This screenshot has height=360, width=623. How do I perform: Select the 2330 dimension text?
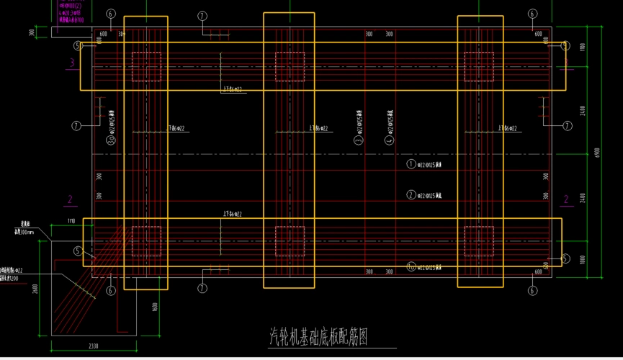[x=94, y=347]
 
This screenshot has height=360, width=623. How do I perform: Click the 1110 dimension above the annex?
[x=71, y=220]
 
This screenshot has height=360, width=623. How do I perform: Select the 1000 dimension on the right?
[x=583, y=259]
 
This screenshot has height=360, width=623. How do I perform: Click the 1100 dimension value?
[x=583, y=48]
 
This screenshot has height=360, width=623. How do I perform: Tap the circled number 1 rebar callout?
[x=411, y=164]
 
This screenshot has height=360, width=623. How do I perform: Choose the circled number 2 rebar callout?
[x=411, y=195]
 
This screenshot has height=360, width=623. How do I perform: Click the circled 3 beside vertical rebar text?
[x=358, y=141]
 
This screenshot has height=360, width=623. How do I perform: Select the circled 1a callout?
[x=411, y=267]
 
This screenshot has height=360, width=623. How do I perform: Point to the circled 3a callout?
[x=112, y=141]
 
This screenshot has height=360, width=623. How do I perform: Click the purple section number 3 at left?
[x=71, y=63]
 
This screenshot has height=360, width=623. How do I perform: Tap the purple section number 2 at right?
[x=565, y=199]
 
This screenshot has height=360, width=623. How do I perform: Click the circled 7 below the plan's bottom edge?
[x=202, y=289]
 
